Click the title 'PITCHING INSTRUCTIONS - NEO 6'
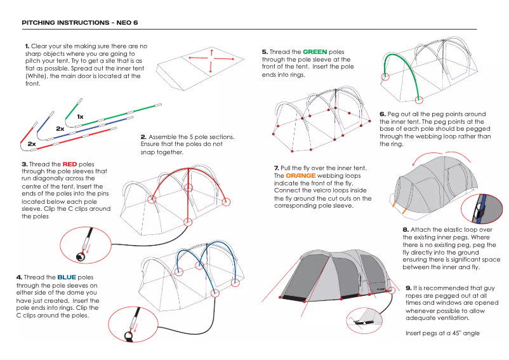click(x=79, y=23)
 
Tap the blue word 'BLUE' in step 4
click(x=67, y=277)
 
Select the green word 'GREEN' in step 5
click(x=315, y=52)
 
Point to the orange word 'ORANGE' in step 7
click(x=300, y=175)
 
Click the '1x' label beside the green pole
click(x=80, y=117)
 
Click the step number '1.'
click(x=27, y=46)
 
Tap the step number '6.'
click(x=383, y=114)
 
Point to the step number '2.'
click(x=143, y=137)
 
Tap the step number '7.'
click(x=277, y=168)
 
